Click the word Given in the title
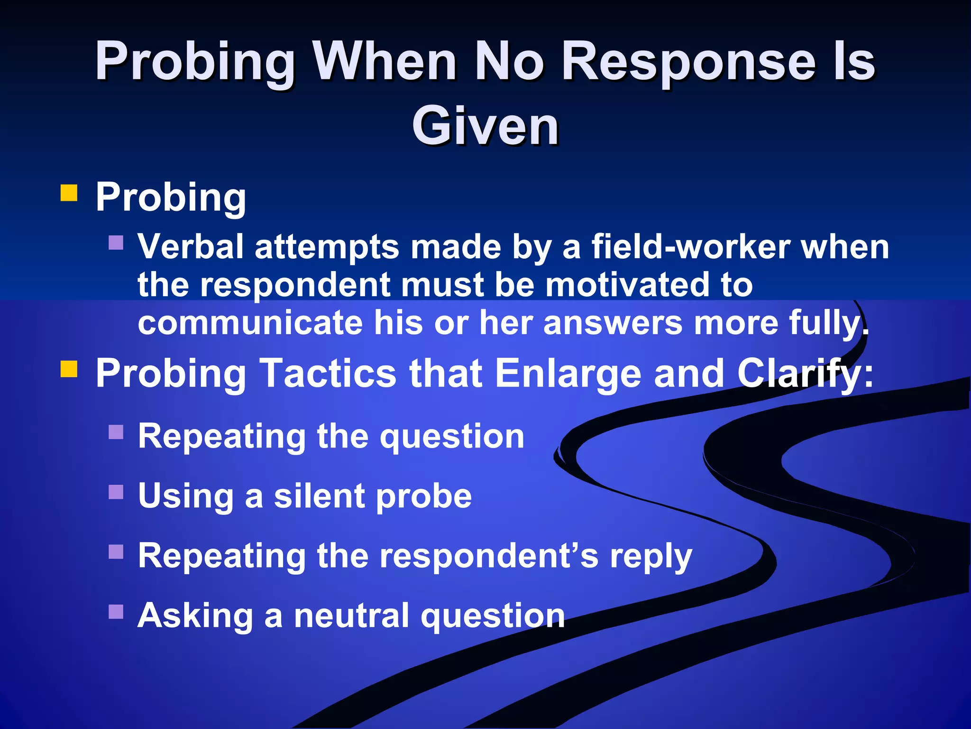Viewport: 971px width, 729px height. (485, 126)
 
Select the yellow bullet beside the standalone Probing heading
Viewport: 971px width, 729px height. (69, 194)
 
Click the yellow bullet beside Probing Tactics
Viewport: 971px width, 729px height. (69, 369)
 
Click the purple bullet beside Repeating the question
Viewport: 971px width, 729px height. (116, 432)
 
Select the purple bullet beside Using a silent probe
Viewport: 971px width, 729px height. (116, 492)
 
